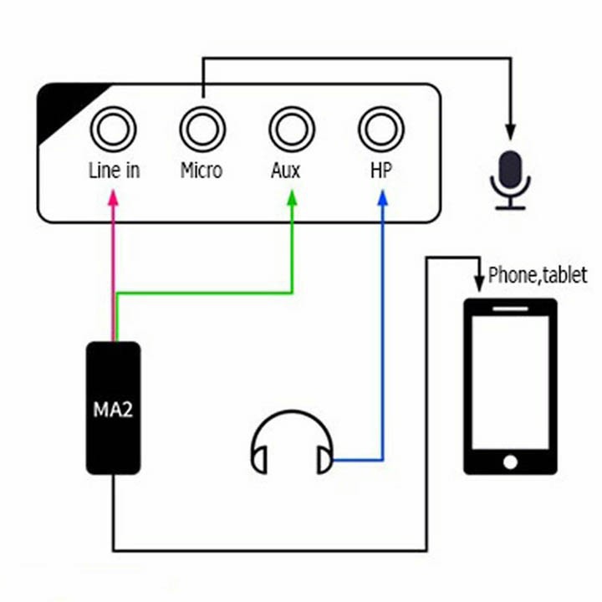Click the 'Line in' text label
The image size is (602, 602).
tap(114, 171)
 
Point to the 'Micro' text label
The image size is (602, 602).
tap(202, 171)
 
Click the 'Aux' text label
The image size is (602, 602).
tap(286, 171)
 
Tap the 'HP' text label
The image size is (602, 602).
tap(380, 171)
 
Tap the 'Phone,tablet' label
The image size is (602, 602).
tap(538, 274)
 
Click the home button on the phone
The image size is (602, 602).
tap(509, 461)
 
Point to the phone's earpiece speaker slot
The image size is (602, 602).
tap(510, 309)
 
